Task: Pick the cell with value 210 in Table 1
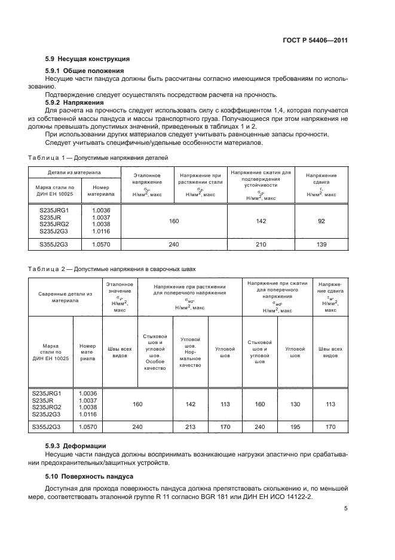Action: (x=261, y=244)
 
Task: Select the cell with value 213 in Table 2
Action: (x=191, y=427)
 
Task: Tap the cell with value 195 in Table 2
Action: (x=295, y=427)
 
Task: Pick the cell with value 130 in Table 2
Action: (x=295, y=404)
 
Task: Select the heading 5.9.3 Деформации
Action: (x=76, y=446)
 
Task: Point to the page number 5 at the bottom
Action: (x=346, y=509)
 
